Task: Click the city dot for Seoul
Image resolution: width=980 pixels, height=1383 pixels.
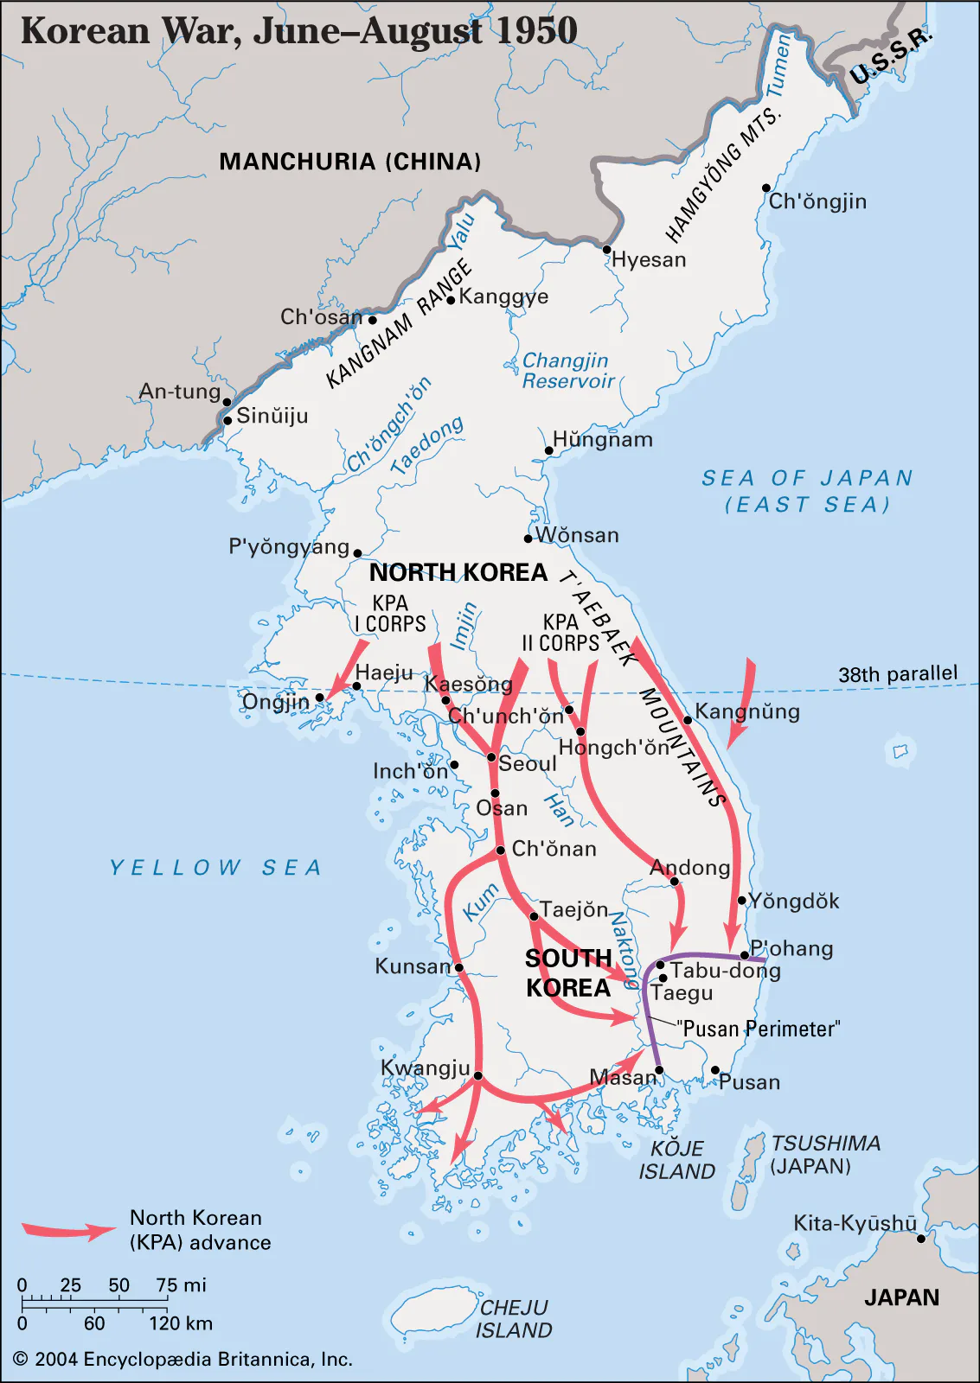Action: coord(491,758)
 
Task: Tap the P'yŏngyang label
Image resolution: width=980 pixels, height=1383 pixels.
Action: coord(289,547)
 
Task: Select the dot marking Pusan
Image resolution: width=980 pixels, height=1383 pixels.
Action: coord(715,1070)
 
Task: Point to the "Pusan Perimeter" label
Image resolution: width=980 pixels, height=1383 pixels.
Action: coord(758,1029)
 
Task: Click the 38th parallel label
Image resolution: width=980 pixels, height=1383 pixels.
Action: coord(897,674)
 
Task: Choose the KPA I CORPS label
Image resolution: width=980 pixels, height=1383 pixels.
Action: coord(390,614)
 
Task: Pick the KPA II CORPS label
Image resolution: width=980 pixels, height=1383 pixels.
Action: coord(560,633)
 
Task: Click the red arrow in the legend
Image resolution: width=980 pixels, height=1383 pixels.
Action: coord(67,1230)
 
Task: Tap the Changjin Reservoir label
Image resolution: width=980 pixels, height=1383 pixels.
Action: coord(567,371)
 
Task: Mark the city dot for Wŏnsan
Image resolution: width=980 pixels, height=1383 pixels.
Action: coord(528,539)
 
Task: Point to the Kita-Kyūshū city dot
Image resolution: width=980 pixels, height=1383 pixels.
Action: coord(921,1239)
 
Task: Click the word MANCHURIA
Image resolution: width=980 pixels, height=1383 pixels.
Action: coord(298,162)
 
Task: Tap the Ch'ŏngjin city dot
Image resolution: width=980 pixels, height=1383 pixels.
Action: coord(766,188)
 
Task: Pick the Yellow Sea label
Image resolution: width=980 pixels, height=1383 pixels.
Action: coord(215,868)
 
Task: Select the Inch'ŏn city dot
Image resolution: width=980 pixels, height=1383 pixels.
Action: coord(454,765)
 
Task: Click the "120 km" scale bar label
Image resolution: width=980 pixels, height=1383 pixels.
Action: coord(180,1323)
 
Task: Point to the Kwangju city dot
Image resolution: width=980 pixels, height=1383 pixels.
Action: coord(478,1076)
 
